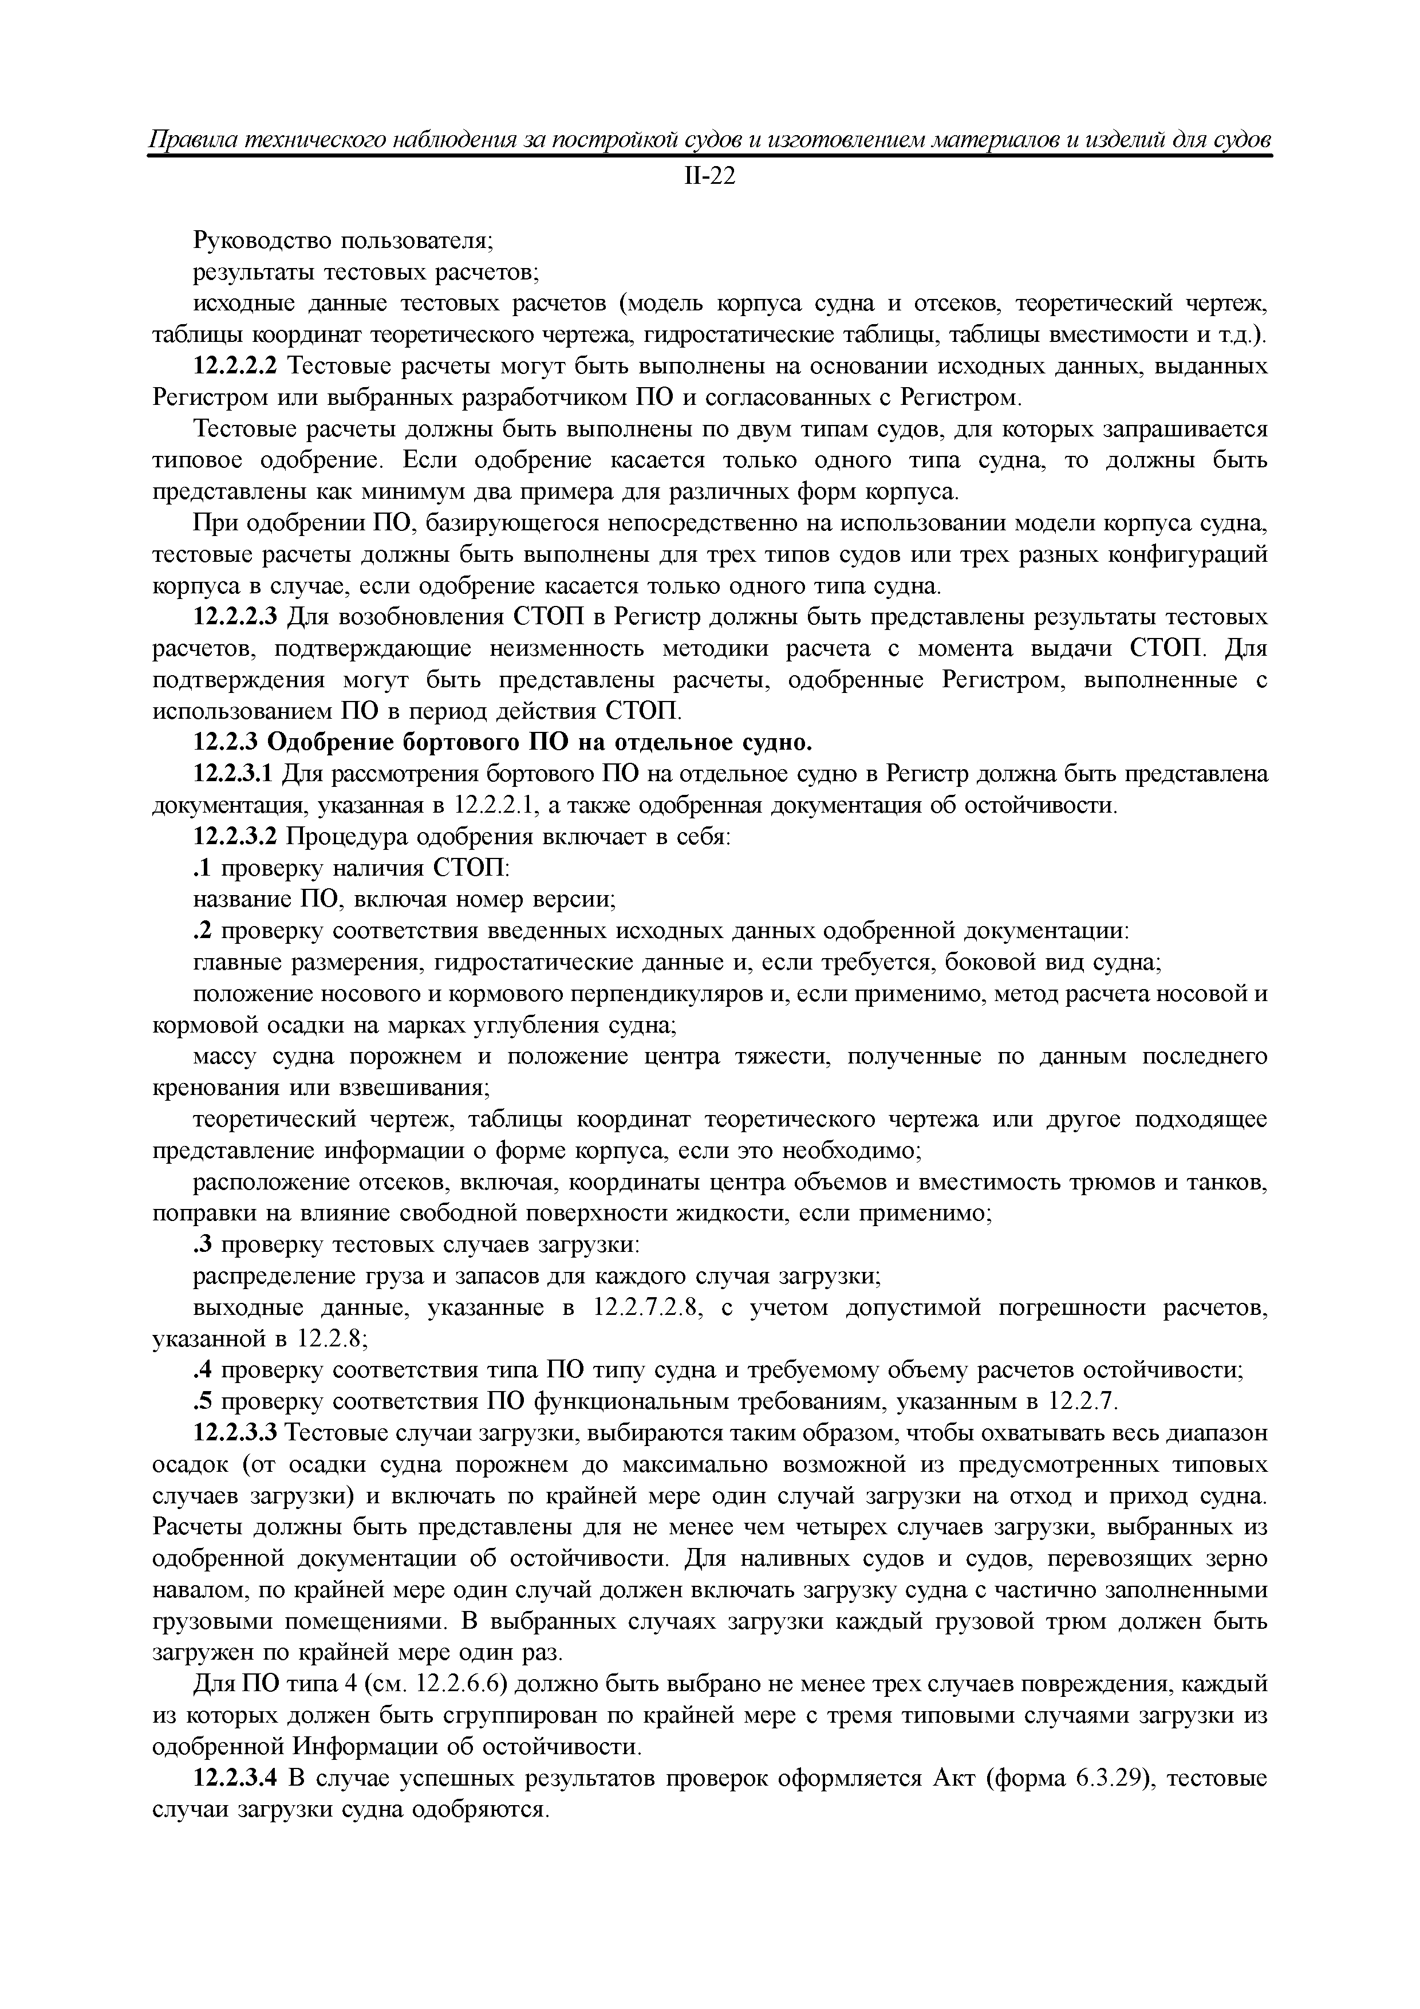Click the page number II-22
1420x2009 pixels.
pos(709,177)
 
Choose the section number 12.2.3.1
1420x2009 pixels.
pos(235,774)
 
